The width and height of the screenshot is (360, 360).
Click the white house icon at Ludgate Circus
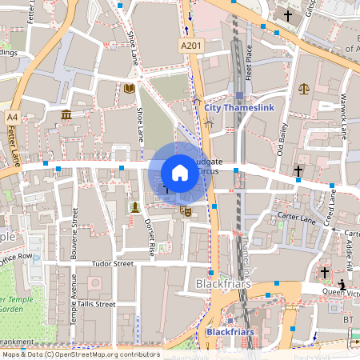180,173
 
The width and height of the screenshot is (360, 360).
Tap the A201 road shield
190,47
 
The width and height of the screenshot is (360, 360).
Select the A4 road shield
12,117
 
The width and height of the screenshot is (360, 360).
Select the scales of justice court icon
303,88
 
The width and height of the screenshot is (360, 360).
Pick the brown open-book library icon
130,88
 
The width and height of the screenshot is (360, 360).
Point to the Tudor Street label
112,263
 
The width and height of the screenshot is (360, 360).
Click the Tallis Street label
96,304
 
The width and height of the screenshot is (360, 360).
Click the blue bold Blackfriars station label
230,331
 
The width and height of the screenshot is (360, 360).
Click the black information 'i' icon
342,284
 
